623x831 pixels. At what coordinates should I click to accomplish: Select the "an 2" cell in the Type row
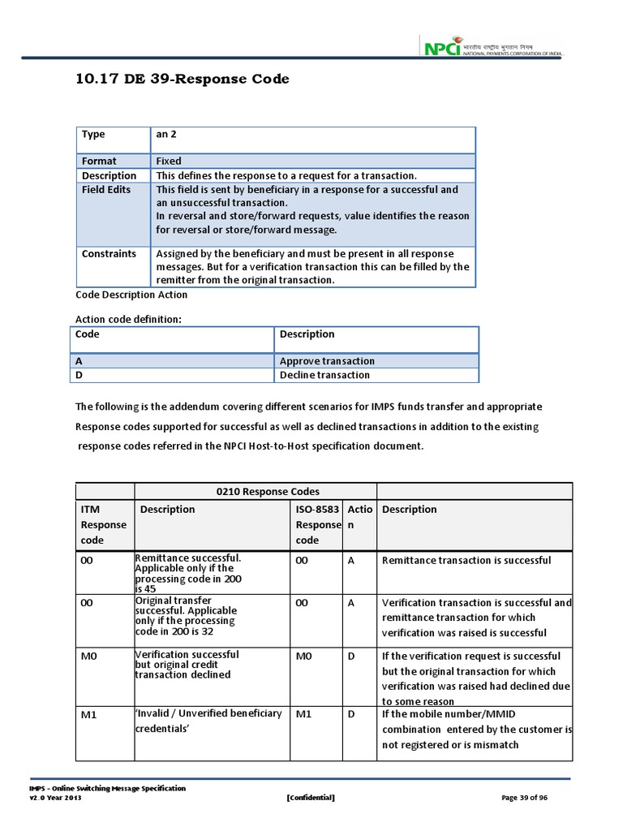[x=166, y=135]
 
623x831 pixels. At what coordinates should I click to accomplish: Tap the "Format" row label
[x=99, y=161]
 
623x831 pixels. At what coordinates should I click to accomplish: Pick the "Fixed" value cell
[x=169, y=161]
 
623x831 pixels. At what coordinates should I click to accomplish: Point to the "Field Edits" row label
[x=105, y=190]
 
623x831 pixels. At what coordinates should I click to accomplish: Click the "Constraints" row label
[x=109, y=253]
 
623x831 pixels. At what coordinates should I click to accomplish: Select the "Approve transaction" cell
[x=327, y=361]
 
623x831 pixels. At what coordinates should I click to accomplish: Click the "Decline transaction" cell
[x=324, y=375]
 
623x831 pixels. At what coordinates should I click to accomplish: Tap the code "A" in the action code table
[x=79, y=361]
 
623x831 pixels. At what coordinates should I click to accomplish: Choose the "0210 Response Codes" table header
[x=256, y=491]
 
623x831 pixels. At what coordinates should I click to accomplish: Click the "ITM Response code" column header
[x=104, y=524]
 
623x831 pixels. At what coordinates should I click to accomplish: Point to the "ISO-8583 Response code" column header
[x=317, y=524]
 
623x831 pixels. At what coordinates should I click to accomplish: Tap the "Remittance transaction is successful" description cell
[x=466, y=560]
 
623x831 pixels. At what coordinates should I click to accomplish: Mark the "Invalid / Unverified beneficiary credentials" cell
[x=208, y=721]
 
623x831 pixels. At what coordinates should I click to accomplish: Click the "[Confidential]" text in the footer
[x=311, y=798]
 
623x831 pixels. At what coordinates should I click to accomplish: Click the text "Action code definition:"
[x=128, y=319]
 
